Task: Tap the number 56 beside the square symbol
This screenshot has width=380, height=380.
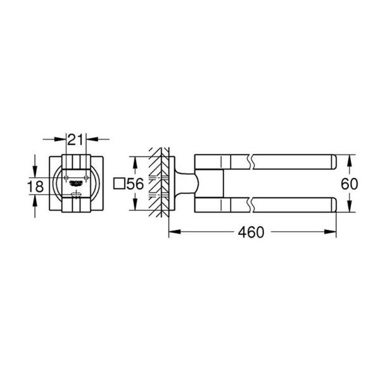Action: coord(135,184)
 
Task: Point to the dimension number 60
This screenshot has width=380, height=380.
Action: coord(350,184)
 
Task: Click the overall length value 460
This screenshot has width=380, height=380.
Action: coord(251,232)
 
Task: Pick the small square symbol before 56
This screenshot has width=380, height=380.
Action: coord(117,184)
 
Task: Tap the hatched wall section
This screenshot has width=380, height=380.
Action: coord(158,184)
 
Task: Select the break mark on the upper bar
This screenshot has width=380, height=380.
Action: coord(253,161)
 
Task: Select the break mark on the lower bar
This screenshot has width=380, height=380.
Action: coord(253,205)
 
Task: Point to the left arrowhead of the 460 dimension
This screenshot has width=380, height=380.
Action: coord(172,232)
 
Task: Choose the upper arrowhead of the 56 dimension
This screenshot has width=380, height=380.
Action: coord(135,159)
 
